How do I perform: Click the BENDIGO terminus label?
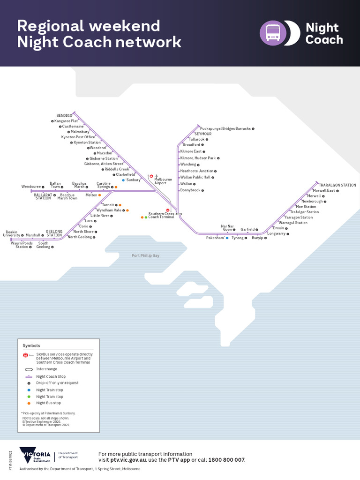[64, 115]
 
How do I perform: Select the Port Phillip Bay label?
[145, 255]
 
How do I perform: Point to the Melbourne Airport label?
[163, 181]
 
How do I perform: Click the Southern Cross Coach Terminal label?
[161, 215]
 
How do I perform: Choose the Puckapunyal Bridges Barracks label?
[225, 128]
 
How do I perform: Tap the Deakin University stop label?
[11, 233]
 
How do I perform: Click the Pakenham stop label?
[215, 238]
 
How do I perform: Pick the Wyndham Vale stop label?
[109, 210]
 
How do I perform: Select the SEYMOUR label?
[203, 134]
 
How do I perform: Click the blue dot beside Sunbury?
[123, 180]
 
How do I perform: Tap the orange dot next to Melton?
[99, 195]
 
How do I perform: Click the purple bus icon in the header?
[273, 33]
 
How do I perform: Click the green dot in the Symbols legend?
[29, 397]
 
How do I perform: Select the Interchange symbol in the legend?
[29, 369]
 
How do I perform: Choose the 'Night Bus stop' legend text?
[49, 403]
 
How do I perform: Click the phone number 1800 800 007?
[226, 460]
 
